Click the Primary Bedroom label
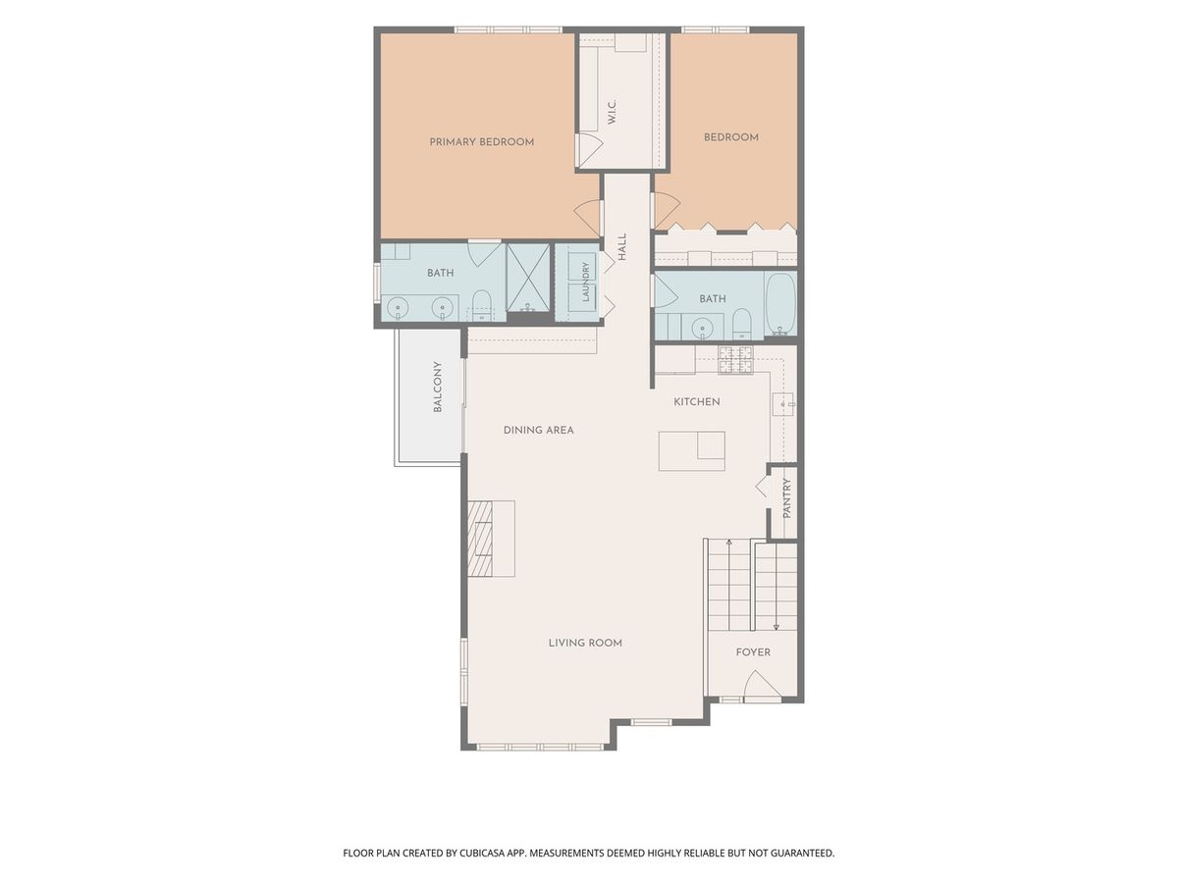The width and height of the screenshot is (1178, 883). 481,142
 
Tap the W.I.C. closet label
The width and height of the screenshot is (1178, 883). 613,112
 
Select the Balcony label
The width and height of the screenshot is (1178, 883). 438,387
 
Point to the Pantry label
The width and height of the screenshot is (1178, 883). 786,498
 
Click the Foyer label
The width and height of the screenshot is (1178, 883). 753,652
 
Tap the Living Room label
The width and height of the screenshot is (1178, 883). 585,643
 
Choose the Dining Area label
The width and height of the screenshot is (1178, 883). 538,430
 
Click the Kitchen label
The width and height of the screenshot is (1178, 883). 697,401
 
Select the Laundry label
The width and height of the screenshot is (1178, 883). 585,282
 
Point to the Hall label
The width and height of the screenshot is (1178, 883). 622,247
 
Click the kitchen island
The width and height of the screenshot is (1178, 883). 691,451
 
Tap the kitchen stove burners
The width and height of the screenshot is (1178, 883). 736,359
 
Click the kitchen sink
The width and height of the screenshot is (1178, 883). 783,403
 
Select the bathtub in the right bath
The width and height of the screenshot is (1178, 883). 780,304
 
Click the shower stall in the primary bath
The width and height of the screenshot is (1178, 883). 528,278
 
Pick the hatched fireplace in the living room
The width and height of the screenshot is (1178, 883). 480,539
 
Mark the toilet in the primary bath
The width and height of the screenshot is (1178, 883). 482,305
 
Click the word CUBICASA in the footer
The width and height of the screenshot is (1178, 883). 482,853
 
